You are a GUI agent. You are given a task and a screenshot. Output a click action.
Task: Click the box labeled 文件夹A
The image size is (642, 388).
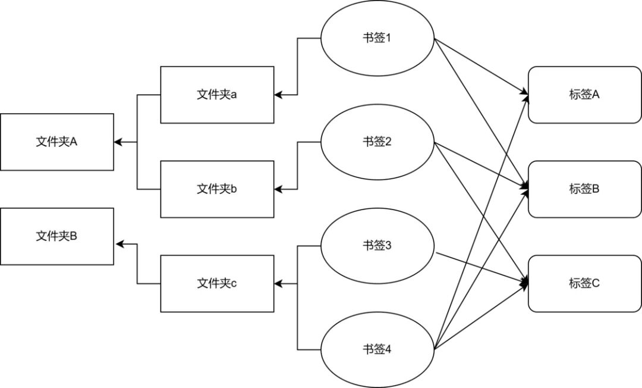(x=57, y=142)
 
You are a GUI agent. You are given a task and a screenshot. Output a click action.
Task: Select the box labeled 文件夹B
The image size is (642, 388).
(x=57, y=236)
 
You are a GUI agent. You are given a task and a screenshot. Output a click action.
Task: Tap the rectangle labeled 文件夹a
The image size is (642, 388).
(x=217, y=95)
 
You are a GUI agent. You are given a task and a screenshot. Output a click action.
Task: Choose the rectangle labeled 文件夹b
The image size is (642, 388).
(x=217, y=189)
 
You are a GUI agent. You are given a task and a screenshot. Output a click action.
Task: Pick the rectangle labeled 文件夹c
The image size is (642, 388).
(x=217, y=283)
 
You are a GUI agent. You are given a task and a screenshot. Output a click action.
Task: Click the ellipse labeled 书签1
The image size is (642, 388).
(x=377, y=38)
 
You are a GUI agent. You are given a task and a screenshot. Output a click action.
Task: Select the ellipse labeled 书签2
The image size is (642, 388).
(x=377, y=142)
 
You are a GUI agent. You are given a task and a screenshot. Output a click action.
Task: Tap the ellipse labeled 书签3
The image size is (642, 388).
(x=377, y=246)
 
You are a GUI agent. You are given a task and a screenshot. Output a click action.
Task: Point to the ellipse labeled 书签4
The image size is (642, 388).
(x=377, y=349)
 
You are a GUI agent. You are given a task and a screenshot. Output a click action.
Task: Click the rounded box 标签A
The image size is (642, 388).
(x=585, y=95)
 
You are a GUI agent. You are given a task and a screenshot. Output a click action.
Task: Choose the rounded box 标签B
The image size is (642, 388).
(x=585, y=189)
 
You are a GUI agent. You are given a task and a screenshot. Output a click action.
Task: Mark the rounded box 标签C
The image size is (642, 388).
(x=585, y=283)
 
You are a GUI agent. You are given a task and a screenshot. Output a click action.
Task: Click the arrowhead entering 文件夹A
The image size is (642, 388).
(x=118, y=142)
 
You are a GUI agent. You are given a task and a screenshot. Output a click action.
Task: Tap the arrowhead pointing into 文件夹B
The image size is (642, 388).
(x=120, y=244)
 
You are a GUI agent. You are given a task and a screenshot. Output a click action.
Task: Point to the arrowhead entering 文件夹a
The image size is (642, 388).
(x=278, y=95)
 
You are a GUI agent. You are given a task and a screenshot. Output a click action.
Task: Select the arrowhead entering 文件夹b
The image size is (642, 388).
(x=278, y=189)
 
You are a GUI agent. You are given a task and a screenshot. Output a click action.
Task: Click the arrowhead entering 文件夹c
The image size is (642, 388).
(x=278, y=283)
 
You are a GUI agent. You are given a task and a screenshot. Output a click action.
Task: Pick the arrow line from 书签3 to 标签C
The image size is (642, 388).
(x=482, y=268)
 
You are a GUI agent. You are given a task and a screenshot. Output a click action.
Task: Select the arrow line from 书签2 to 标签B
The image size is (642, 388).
(x=481, y=165)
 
